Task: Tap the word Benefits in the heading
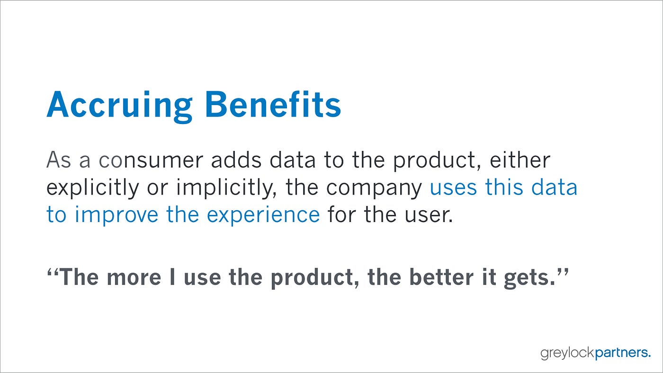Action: (x=273, y=105)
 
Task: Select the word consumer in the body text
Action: (x=151, y=160)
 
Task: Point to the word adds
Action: (x=236, y=160)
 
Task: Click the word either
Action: (x=520, y=160)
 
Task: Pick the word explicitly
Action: (x=93, y=188)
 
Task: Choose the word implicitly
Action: (x=226, y=188)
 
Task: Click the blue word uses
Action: (x=453, y=188)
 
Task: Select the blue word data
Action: (x=554, y=187)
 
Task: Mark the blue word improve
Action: (x=116, y=215)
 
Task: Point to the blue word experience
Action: (x=263, y=215)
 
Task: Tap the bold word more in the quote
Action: (x=134, y=278)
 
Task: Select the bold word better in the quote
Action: (x=441, y=277)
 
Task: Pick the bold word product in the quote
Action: (x=315, y=278)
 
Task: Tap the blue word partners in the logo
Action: (x=622, y=353)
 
